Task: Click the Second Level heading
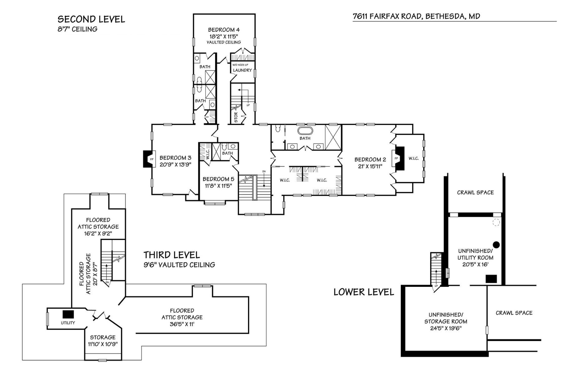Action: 91,19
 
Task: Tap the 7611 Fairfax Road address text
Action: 416,16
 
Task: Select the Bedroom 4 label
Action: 224,30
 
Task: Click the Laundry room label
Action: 242,70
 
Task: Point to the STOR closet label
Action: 236,117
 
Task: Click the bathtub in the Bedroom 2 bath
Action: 305,131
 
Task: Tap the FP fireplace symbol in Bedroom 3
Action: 151,159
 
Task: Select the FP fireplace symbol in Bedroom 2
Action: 397,158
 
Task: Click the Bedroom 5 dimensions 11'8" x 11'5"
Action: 218,186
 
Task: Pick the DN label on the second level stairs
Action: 264,172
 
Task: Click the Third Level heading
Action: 171,255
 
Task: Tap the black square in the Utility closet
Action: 68,314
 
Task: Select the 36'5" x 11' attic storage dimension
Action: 182,324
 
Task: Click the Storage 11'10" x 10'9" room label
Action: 103,341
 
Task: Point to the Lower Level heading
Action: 364,292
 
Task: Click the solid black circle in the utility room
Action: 496,245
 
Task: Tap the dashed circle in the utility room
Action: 496,222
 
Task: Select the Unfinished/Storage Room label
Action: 446,318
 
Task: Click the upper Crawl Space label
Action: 475,192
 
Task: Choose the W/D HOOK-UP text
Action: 240,65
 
